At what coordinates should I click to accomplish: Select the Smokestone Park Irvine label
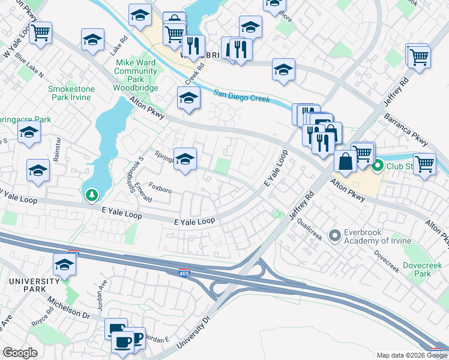tap(71, 94)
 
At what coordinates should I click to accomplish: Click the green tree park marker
tap(91, 195)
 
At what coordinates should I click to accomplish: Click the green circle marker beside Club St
tap(378, 166)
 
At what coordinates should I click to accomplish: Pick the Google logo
tap(20, 353)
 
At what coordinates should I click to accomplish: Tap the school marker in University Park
tap(65, 264)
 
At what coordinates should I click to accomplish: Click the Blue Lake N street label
tap(30, 67)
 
